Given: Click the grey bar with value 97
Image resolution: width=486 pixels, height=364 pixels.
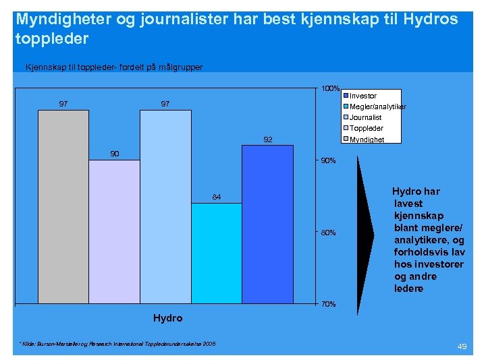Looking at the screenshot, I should click(x=63, y=206).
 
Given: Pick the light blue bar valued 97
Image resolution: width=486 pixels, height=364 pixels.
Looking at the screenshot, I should click(x=165, y=206).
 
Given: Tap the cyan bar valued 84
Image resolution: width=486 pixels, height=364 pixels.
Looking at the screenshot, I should click(x=216, y=252).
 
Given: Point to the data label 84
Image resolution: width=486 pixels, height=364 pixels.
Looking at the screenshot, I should click(x=216, y=197).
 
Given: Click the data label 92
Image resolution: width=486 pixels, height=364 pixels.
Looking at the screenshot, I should click(x=267, y=140).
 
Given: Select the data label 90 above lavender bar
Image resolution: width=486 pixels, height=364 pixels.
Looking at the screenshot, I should click(x=114, y=154).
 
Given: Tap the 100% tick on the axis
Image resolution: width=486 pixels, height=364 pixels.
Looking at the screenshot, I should click(x=330, y=88).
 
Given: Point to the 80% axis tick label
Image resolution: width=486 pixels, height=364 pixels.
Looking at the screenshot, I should click(x=328, y=233).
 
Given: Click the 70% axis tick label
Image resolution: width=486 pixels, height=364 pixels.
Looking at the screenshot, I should click(x=328, y=305).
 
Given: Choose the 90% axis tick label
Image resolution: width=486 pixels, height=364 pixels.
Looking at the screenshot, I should click(x=328, y=160).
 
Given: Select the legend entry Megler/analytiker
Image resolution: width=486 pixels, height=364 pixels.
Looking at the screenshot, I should click(x=377, y=107).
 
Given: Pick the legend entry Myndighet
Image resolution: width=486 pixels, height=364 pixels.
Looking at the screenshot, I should click(x=367, y=140).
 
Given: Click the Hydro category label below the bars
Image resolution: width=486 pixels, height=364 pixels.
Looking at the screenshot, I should click(x=167, y=317).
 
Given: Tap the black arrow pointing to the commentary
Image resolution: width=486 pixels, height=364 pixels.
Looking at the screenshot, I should click(x=364, y=233).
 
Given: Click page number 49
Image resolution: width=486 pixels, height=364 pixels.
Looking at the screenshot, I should click(x=462, y=346).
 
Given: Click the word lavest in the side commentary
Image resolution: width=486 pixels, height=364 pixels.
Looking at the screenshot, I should click(x=409, y=204).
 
